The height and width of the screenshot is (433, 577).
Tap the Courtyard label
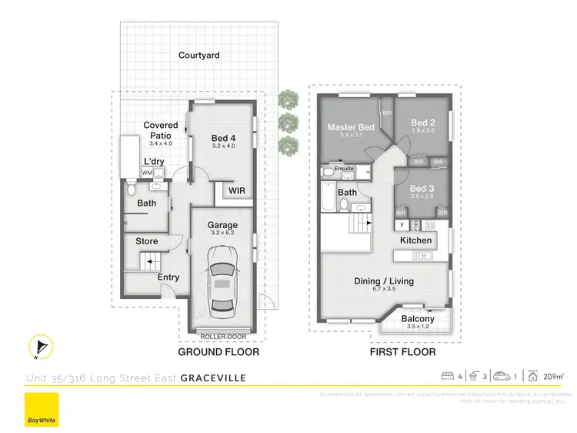tap(199, 55)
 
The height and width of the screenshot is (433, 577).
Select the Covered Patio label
tap(161, 130)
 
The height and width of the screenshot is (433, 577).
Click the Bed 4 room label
tap(223, 139)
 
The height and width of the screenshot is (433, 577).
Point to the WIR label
tap(236, 190)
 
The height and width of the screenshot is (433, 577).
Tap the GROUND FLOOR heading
tap(218, 352)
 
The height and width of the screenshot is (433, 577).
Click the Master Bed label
tap(351, 127)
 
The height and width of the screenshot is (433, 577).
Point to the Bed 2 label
tap(422, 123)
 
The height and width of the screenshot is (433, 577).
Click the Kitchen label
tap(415, 240)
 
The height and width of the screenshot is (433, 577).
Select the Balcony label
tap(418, 319)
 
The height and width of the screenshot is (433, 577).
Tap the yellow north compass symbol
tap(40, 347)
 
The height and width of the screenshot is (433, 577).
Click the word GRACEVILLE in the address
tap(214, 378)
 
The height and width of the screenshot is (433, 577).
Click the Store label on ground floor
tap(147, 241)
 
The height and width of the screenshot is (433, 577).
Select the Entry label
tap(168, 277)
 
